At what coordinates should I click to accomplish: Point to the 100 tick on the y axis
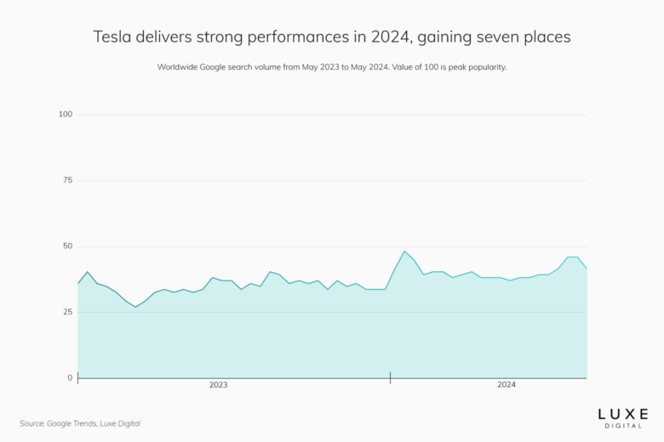click(x=66, y=114)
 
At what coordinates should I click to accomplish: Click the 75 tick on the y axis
click(x=67, y=180)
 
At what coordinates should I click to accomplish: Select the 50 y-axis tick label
click(x=67, y=246)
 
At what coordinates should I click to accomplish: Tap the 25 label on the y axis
click(x=67, y=312)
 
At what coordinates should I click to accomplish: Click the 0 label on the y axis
click(x=70, y=377)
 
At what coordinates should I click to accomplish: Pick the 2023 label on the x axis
click(x=218, y=385)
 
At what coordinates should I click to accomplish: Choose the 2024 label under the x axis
click(x=507, y=385)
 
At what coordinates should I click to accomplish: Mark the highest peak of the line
click(x=404, y=252)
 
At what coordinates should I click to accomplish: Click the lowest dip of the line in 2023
click(x=135, y=307)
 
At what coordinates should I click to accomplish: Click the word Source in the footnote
click(x=33, y=422)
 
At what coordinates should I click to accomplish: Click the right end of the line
click(x=587, y=269)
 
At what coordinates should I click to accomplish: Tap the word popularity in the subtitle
click(x=485, y=67)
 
